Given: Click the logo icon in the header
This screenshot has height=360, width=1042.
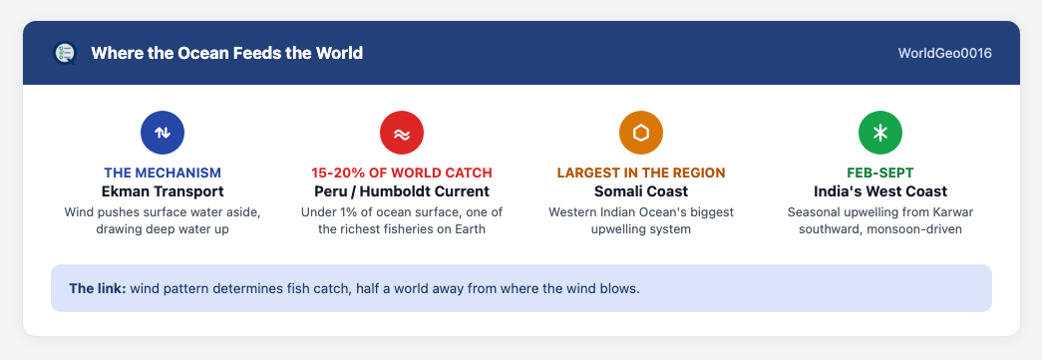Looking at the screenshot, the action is click(65, 53).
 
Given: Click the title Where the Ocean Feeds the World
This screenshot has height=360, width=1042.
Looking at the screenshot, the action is click(226, 53).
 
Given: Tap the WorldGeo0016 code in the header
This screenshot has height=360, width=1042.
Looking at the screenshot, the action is click(945, 53).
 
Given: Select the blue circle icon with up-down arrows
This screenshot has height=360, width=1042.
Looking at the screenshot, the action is click(163, 133).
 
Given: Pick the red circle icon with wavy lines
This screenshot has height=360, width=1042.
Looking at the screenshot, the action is click(402, 133).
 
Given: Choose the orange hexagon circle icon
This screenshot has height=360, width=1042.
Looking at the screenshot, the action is click(640, 133).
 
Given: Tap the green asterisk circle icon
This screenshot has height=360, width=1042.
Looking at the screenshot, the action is click(879, 133).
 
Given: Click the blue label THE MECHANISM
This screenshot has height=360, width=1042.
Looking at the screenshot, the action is click(163, 173).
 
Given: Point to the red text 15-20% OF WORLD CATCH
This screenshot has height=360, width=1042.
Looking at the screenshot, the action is click(402, 173).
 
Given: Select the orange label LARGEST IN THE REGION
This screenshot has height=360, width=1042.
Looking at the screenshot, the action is click(640, 173).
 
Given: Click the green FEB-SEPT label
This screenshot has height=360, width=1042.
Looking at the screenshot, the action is click(879, 173).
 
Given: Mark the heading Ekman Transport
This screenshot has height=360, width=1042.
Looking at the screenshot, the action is click(163, 191).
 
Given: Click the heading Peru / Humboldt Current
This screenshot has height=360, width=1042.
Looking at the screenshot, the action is click(402, 191).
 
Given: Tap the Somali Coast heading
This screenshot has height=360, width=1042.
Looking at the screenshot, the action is click(640, 191).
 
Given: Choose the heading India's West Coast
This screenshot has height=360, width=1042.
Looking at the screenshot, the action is click(879, 191).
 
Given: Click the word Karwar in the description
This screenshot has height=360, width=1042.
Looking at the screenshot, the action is click(955, 212).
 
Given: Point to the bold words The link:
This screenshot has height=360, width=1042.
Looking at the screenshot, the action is click(98, 289).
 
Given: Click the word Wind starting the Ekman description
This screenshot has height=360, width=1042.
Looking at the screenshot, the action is click(79, 212).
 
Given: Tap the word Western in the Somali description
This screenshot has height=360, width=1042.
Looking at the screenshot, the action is click(571, 212).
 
